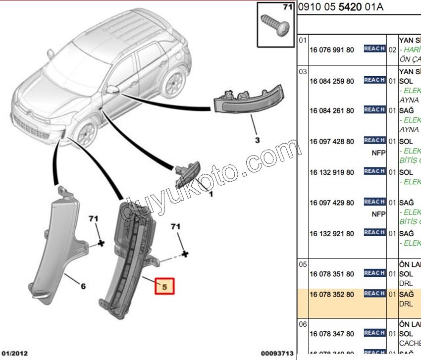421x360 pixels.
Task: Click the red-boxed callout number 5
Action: pos(165,286)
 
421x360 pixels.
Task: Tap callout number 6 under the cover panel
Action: pos(83,286)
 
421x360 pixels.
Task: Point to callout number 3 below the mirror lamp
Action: pos(257,140)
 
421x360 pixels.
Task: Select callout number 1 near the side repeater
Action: pos(210,195)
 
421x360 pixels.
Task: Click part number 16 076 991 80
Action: pos(331,50)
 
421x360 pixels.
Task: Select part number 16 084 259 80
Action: pos(331,81)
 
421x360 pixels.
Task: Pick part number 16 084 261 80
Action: pos(331,111)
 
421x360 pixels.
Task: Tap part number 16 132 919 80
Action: pos(331,172)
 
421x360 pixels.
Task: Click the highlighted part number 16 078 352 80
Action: pos(331,295)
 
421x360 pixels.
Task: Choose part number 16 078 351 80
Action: pos(331,274)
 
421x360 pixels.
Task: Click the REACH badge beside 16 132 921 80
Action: pos(374,232)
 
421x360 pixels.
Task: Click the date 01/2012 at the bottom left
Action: pos(15,354)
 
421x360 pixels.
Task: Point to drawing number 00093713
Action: pos(277,354)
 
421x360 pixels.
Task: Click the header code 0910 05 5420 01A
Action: pos(341,7)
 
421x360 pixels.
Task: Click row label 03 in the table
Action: pos(303,72)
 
